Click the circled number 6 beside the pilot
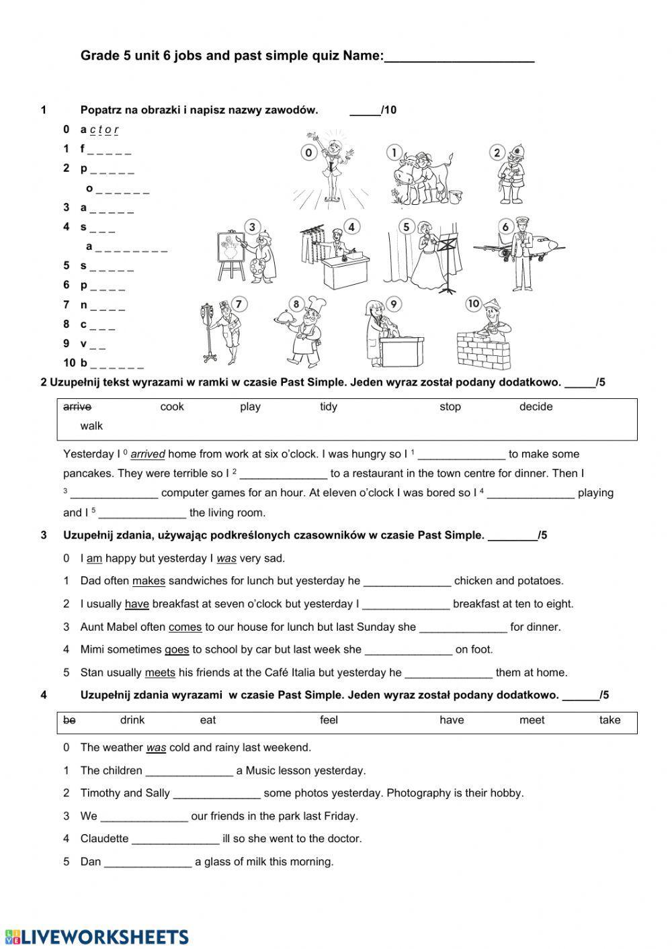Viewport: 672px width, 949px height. (x=506, y=227)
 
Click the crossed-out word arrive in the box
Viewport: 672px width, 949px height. (x=77, y=406)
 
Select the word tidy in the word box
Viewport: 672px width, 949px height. (x=329, y=406)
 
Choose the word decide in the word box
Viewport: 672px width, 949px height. (x=536, y=406)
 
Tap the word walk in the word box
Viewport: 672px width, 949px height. (x=91, y=426)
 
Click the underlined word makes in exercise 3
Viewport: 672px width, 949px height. (x=149, y=581)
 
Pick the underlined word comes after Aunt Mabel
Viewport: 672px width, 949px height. (x=185, y=627)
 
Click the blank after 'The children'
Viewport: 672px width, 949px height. (x=190, y=771)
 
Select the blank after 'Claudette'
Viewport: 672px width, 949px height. (x=175, y=839)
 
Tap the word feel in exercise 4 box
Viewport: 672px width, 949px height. (x=329, y=720)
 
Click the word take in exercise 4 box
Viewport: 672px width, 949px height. (x=610, y=720)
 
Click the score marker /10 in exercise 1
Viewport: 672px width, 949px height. (x=388, y=110)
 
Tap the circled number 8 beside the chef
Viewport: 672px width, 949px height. (x=296, y=304)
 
